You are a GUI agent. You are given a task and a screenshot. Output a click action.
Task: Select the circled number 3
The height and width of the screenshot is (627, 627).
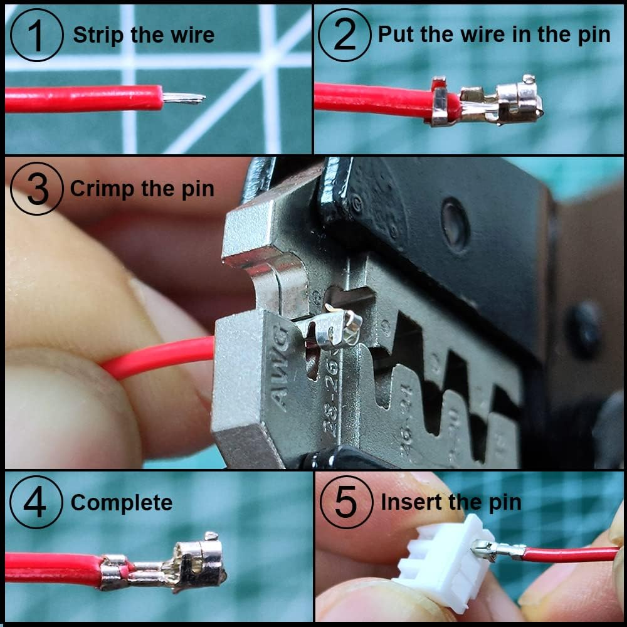(x=37, y=189)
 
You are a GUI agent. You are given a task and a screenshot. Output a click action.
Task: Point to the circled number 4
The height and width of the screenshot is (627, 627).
(x=36, y=503)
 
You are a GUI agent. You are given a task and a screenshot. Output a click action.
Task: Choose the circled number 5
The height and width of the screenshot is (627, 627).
(x=345, y=503)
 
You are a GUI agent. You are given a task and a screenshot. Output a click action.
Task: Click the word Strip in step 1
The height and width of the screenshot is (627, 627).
(x=95, y=35)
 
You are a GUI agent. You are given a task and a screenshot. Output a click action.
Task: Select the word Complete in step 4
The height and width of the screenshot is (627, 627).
(x=121, y=503)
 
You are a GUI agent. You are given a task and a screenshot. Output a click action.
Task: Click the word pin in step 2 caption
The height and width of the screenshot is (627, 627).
(x=593, y=35)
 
